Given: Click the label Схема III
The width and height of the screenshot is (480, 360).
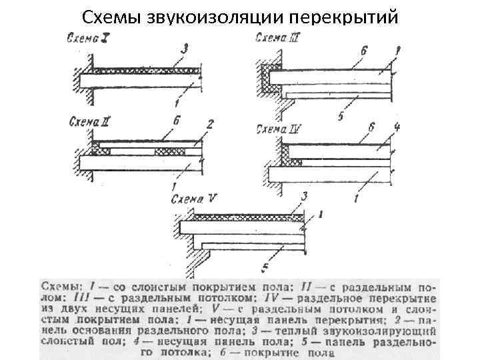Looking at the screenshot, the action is [279, 37].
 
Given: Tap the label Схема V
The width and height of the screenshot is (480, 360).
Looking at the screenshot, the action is [193, 199].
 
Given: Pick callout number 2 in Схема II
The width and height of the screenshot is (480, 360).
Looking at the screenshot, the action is [210, 125].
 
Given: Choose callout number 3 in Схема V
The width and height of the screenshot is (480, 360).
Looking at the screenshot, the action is [304, 196].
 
